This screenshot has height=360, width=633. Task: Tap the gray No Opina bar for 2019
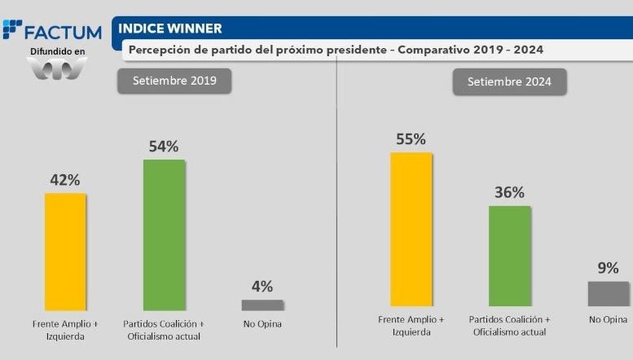[x=262, y=305]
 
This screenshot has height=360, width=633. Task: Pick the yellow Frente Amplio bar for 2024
[x=411, y=228]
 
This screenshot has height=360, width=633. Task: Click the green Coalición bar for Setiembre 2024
[x=509, y=256]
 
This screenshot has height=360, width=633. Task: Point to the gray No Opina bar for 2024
[x=609, y=293]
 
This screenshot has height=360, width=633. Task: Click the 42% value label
[x=64, y=181]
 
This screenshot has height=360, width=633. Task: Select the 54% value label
[x=164, y=147]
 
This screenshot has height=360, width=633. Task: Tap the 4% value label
[x=262, y=287]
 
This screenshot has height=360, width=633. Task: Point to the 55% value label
[x=411, y=139]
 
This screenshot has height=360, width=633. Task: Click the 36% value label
[x=509, y=193]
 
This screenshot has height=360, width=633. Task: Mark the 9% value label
[x=609, y=268]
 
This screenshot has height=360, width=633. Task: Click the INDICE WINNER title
[x=171, y=29]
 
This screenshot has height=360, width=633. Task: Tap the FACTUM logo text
[x=62, y=33]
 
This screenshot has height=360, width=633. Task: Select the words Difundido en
[x=57, y=51]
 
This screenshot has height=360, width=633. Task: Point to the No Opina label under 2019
[x=262, y=324]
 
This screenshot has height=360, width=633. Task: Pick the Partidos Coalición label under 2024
[x=509, y=324]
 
